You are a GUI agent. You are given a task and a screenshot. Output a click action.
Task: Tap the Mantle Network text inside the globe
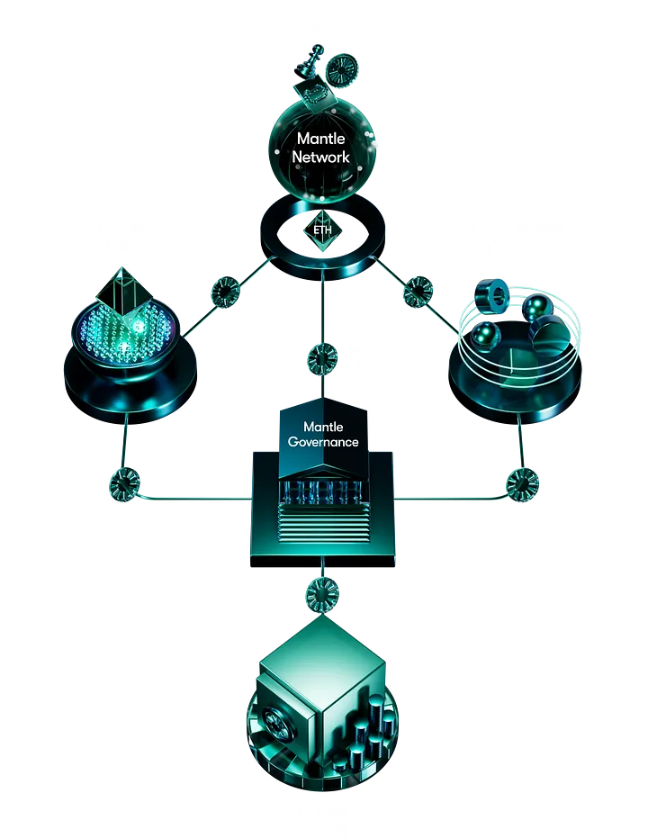[323, 148]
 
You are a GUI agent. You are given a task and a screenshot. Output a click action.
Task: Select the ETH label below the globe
[322, 230]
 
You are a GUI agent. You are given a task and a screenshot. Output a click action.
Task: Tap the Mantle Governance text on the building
[323, 434]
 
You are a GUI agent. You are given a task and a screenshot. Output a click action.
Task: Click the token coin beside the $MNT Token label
[321, 357]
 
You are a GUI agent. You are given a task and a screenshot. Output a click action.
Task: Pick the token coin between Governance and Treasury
[321, 593]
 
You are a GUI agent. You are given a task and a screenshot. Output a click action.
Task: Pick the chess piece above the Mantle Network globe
[308, 64]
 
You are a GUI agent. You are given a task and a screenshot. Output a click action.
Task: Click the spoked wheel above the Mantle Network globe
[340, 70]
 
